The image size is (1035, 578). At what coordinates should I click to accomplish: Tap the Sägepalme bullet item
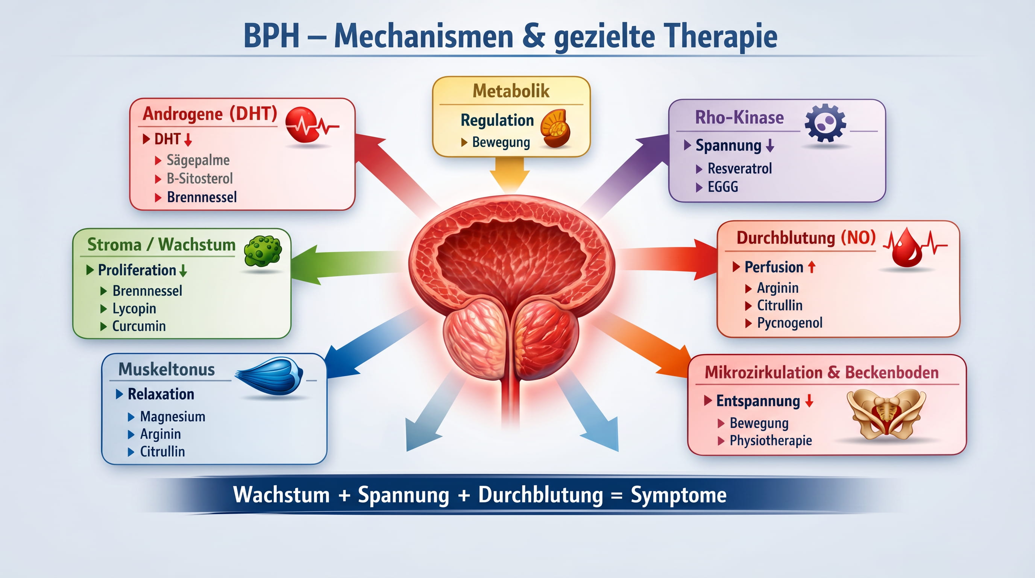point(198,160)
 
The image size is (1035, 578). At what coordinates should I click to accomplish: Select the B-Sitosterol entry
point(200,179)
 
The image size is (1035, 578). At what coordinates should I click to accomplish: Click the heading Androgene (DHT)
point(210,114)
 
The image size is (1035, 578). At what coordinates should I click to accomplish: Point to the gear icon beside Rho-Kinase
point(825,123)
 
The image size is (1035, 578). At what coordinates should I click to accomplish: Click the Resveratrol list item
point(739,169)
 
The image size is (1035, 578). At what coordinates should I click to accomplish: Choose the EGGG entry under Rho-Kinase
point(722,187)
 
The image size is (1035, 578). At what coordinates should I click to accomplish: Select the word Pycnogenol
point(789,323)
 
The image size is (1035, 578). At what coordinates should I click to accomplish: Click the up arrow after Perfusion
point(812,267)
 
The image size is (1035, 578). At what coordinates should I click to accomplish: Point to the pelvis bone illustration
point(886,414)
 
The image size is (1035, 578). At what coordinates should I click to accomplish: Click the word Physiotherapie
point(771,441)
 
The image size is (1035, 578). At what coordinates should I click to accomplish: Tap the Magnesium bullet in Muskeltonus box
point(172,417)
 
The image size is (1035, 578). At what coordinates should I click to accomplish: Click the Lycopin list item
point(134,309)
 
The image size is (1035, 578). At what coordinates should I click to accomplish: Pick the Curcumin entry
point(139,326)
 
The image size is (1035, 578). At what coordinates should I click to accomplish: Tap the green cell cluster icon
point(263,251)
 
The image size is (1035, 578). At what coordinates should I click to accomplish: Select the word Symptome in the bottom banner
point(678,495)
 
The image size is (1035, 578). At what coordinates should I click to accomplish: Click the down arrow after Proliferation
point(183,271)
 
